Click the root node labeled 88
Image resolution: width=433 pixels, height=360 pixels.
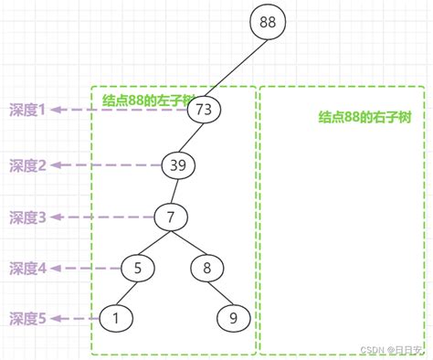(x=269, y=22)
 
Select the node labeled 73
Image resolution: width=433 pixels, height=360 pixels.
(x=204, y=110)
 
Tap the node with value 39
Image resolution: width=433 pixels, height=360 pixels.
(x=178, y=165)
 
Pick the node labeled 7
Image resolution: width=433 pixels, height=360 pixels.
(x=170, y=217)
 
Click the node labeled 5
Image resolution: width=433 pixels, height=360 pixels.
(x=138, y=268)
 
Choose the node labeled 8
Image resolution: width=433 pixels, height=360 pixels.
(x=207, y=268)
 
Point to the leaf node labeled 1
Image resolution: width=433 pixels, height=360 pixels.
(x=115, y=318)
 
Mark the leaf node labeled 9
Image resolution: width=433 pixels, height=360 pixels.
(x=234, y=318)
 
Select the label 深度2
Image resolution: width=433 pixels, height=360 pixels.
(x=27, y=165)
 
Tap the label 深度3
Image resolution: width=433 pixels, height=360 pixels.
(x=27, y=217)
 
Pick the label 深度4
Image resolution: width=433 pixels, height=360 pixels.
(x=27, y=268)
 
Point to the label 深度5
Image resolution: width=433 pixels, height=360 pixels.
(x=27, y=318)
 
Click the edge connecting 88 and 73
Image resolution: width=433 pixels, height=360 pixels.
(x=236, y=66)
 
